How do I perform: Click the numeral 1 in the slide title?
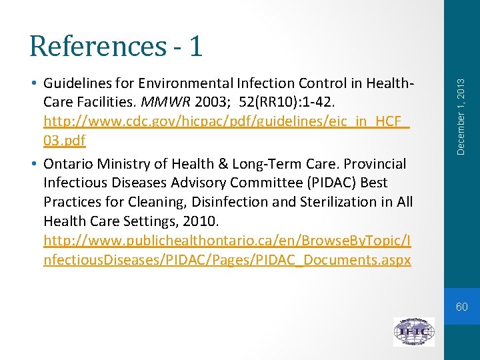coord(195,46)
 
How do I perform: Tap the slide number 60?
coord(461,307)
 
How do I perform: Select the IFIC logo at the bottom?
coord(413,331)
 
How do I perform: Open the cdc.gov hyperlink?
coord(227,123)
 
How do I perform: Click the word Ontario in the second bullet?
coord(70,163)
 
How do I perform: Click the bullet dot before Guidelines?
coord(33,84)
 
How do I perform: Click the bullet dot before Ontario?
coord(33,163)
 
